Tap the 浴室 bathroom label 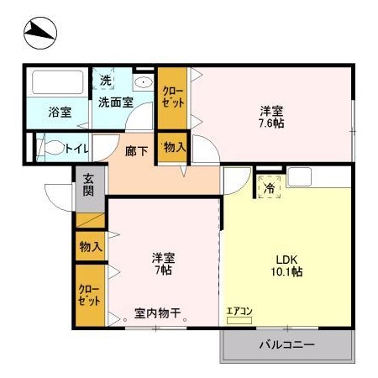59,110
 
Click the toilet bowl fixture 55,150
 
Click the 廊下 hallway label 135,152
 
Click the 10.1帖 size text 287,272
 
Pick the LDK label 287,258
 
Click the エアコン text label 239,311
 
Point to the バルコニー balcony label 286,345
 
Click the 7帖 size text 162,270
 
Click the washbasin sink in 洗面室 143,83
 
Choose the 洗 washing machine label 105,81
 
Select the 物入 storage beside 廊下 175,148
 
